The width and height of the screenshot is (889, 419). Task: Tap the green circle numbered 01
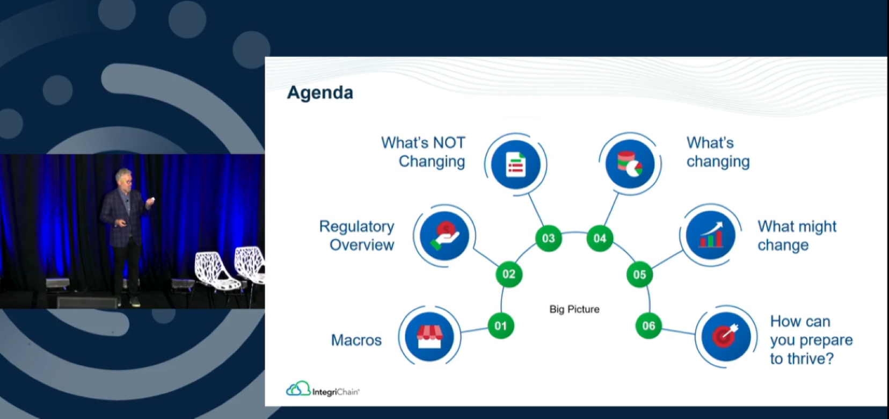pyautogui.click(x=500, y=326)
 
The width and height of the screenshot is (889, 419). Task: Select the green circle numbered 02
pyautogui.click(x=509, y=274)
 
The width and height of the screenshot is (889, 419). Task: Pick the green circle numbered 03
pyautogui.click(x=549, y=239)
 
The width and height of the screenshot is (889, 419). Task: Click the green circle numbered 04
pyautogui.click(x=600, y=239)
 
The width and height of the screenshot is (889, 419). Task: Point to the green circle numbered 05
pyautogui.click(x=639, y=274)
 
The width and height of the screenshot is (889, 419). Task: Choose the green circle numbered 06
pyautogui.click(x=648, y=326)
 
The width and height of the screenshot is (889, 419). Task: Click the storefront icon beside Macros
pyautogui.click(x=429, y=337)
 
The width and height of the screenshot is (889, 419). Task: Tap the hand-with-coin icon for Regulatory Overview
pyautogui.click(x=445, y=235)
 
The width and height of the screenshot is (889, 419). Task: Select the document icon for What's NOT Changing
pyautogui.click(x=515, y=164)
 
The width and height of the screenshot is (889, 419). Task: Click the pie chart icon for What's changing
pyautogui.click(x=630, y=164)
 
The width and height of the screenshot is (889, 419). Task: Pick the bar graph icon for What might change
pyautogui.click(x=710, y=235)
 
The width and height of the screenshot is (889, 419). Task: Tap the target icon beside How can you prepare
pyautogui.click(x=726, y=336)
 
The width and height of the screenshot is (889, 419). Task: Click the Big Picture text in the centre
pyautogui.click(x=574, y=309)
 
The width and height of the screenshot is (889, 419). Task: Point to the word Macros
pyautogui.click(x=356, y=341)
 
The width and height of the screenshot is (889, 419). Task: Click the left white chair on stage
pyautogui.click(x=216, y=274)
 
